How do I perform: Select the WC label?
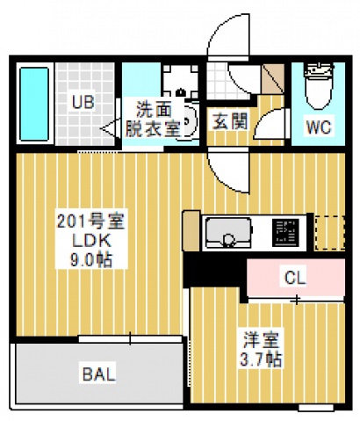click(x=318, y=127)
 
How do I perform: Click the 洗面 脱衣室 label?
click(x=157, y=118)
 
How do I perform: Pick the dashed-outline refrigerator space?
click(x=330, y=229)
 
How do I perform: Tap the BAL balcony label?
click(x=99, y=374)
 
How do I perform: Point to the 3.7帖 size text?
click(x=262, y=359)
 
